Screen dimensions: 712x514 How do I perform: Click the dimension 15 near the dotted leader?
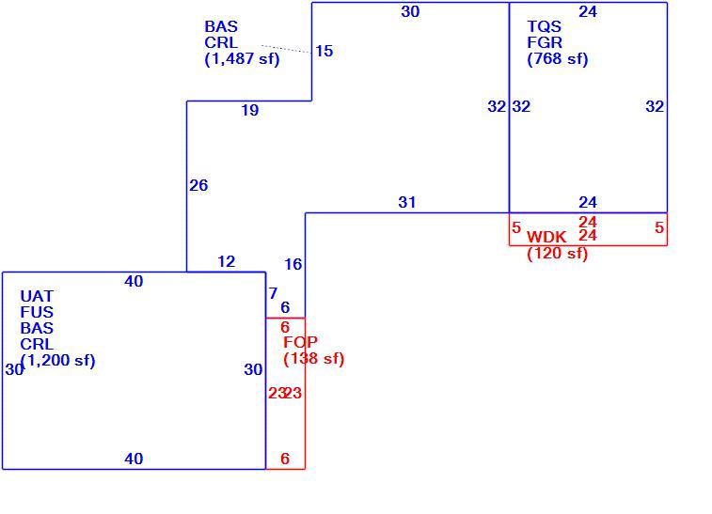[324, 51]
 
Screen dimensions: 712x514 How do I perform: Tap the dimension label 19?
[250, 110]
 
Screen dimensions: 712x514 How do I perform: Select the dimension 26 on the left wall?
[198, 185]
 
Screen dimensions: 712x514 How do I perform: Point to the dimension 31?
[407, 202]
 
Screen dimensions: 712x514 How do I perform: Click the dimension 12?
[226, 262]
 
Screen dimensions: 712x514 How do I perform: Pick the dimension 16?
[293, 264]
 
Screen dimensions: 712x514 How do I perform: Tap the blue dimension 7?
[273, 293]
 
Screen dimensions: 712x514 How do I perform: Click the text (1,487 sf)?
[242, 59]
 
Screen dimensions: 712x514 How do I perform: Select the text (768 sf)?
[558, 59]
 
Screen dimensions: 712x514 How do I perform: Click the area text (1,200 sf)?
[58, 361]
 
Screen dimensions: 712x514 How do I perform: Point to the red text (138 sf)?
[314, 358]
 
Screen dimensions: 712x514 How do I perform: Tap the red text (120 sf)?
[558, 253]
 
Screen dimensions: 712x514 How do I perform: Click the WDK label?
[546, 237]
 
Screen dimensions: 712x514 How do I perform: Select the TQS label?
[544, 26]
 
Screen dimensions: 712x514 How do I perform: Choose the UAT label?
[37, 296]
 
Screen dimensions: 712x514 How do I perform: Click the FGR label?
[545, 42]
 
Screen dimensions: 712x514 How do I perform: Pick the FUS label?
[37, 312]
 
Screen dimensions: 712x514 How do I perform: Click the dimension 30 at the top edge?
[410, 12]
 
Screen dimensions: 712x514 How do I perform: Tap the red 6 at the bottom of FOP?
[285, 459]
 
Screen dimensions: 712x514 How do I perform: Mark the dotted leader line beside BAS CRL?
[287, 49]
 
